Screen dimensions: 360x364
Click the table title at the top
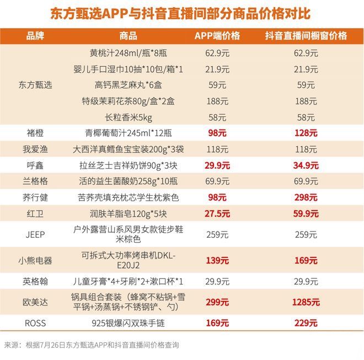(182, 13)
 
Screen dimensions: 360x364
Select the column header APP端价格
(217, 36)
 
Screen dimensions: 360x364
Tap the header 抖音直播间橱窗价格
(306, 36)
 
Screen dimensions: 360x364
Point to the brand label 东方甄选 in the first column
(35, 85)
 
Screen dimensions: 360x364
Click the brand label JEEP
(35, 234)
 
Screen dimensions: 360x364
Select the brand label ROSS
(35, 324)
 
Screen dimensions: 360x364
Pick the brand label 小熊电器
(35, 261)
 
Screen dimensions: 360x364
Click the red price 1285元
(306, 302)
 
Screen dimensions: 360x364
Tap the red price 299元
(217, 302)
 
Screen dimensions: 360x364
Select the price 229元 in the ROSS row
(306, 324)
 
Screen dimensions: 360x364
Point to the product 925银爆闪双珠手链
(128, 324)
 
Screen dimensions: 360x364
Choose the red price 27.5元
(217, 213)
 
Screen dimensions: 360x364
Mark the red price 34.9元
(306, 165)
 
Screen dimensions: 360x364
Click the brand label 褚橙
(35, 133)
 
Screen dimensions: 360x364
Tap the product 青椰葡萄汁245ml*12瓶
(128, 133)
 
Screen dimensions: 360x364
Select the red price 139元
(217, 261)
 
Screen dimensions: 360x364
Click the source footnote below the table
(92, 345)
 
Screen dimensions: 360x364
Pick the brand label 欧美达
(35, 302)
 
